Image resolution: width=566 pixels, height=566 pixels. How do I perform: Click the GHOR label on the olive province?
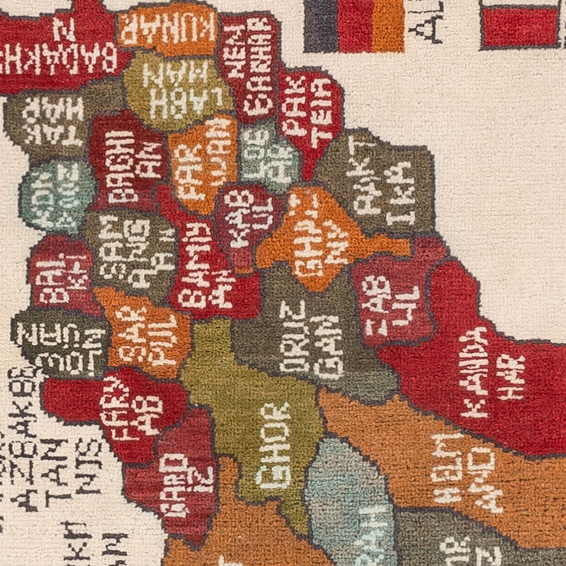point(274,446)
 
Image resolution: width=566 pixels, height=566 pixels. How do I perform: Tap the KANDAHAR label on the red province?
point(491,373)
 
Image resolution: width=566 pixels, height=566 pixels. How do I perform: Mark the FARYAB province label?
point(132,406)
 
